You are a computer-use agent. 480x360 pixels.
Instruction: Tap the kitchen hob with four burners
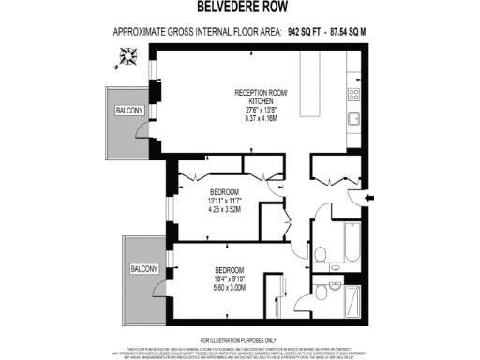[355, 94]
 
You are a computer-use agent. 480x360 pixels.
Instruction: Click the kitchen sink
[355, 119]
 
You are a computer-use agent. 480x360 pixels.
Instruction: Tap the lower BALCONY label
[145, 269]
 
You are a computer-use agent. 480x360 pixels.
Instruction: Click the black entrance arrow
[370, 197]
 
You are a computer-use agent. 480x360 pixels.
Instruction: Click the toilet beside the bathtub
[321, 253]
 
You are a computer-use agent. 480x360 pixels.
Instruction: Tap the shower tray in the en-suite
[352, 300]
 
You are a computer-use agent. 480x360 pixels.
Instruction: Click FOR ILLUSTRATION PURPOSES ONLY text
[239, 338]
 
